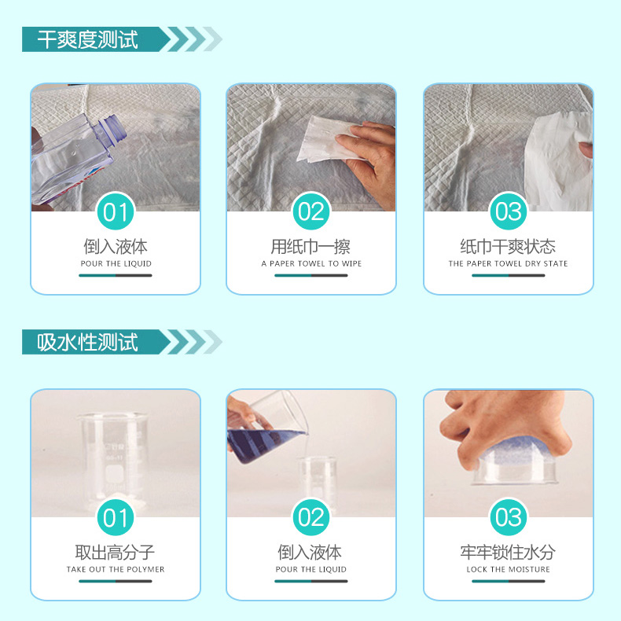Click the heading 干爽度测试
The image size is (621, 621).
(x=88, y=39)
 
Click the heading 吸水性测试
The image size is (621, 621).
(x=88, y=342)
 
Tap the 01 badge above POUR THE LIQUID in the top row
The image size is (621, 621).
(x=115, y=212)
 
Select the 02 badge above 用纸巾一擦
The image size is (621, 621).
(x=311, y=212)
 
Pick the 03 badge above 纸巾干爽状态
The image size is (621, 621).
(x=509, y=212)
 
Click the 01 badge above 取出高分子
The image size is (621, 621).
(x=115, y=517)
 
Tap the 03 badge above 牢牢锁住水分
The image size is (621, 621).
(x=509, y=517)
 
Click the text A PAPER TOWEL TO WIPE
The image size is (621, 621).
(x=311, y=264)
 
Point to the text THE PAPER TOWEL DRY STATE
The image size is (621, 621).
(x=508, y=264)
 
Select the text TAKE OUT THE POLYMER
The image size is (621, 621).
(x=116, y=570)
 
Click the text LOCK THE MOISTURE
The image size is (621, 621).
(x=508, y=570)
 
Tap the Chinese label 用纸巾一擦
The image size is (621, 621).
(x=311, y=247)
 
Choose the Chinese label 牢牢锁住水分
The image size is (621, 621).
(x=508, y=553)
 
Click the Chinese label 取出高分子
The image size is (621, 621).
(x=116, y=553)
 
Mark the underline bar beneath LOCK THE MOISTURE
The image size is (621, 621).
(x=508, y=582)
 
